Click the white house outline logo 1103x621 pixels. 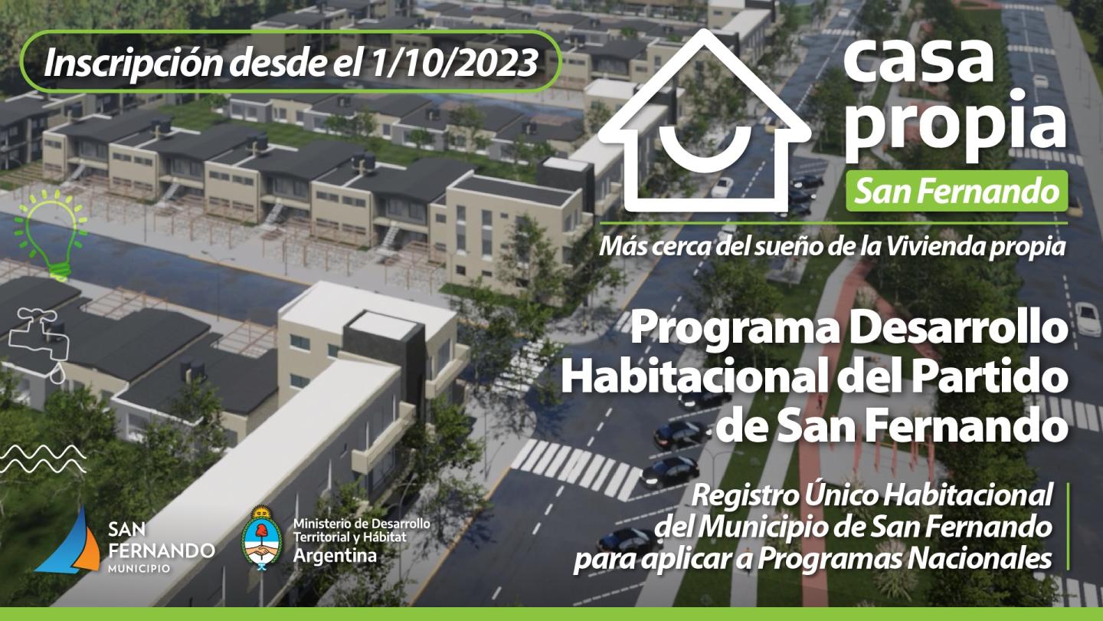(704, 121)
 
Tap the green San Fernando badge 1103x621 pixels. (957, 191)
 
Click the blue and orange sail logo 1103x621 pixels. (68, 543)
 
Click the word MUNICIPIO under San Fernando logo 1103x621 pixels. (139, 568)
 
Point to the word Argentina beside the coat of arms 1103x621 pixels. (335, 555)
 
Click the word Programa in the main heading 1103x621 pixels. (735, 328)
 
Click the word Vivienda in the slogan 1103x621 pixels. (934, 246)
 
